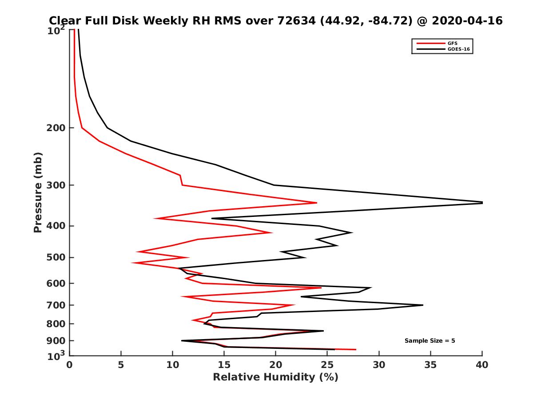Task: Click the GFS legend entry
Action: [452, 43]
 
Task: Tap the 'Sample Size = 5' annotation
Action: [430, 340]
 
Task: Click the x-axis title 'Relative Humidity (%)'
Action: [275, 377]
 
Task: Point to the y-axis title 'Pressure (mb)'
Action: [38, 192]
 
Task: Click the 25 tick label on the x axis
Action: [327, 365]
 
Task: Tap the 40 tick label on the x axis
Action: [482, 365]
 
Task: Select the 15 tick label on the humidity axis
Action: [224, 365]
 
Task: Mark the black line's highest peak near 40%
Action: [482, 202]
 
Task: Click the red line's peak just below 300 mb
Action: [316, 203]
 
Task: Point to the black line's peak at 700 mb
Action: [422, 305]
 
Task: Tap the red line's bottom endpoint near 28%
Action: [355, 349]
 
